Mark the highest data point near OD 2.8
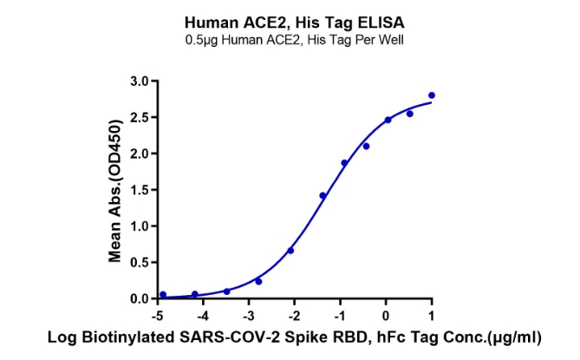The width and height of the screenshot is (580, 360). point(432,95)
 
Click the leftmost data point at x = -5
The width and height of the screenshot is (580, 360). point(163,294)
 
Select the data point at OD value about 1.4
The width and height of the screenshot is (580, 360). point(323,196)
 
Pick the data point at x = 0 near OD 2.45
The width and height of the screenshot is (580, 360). point(388,120)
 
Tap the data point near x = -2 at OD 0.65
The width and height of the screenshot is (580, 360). point(290,251)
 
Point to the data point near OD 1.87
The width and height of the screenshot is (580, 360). point(344,163)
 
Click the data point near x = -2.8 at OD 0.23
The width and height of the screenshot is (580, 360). point(258,281)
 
